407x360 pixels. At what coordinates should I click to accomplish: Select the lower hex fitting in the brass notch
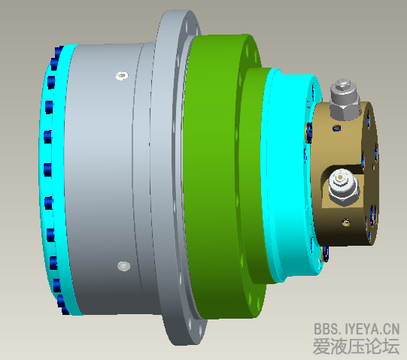click(x=342, y=188)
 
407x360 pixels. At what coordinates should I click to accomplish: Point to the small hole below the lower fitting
click(x=345, y=222)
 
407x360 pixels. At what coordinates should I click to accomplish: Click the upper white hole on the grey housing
click(x=120, y=75)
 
